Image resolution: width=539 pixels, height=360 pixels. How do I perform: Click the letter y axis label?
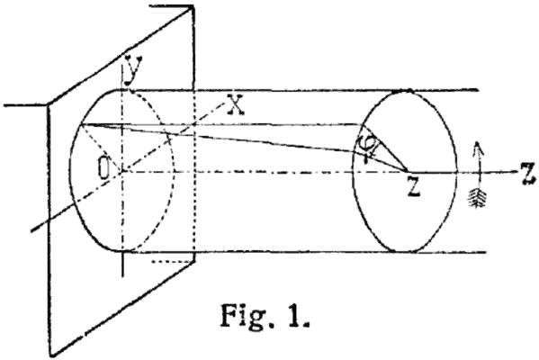point(132,70)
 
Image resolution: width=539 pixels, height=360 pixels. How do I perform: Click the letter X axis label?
point(236,104)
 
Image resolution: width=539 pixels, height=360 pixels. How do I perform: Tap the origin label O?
point(103,169)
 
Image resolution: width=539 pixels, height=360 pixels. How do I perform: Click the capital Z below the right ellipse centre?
point(414,186)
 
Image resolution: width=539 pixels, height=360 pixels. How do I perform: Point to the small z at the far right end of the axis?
point(528,174)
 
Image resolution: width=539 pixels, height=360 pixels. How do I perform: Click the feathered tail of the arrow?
point(478,199)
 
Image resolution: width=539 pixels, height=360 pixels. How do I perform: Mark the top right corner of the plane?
point(193,6)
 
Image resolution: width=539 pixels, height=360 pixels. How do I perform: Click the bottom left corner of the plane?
point(52,355)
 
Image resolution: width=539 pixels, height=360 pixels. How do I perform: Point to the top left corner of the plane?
point(48,104)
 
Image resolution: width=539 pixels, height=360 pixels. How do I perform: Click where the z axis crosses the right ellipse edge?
point(457,172)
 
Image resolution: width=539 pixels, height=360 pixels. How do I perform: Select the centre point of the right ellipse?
point(408,171)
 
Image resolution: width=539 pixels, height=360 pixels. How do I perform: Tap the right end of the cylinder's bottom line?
point(486,252)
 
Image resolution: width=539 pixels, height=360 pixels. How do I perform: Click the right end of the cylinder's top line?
point(479,90)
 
